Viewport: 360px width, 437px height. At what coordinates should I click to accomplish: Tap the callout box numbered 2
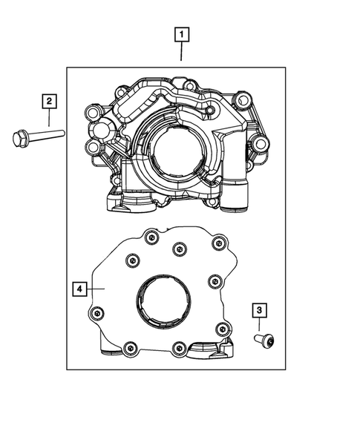pos(49,99)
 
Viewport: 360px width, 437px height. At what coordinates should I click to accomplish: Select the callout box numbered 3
pos(260,309)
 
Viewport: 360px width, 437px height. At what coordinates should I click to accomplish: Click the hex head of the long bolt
pos(20,137)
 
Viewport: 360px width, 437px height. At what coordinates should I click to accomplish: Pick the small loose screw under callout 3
pos(264,341)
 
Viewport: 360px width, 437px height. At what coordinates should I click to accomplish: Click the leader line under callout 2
pos(49,116)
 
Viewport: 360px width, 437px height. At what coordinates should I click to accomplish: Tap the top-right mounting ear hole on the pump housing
pos(243,99)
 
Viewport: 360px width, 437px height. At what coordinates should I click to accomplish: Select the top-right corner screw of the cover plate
pos(217,243)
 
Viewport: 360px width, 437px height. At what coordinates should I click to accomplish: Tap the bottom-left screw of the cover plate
pos(130,346)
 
